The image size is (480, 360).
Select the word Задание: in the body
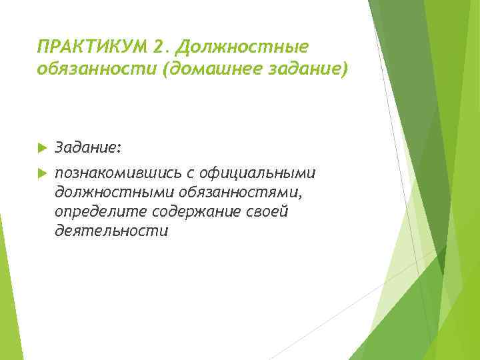[88, 145]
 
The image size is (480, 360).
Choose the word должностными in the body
[115, 192]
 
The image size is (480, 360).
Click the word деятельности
[112, 231]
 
